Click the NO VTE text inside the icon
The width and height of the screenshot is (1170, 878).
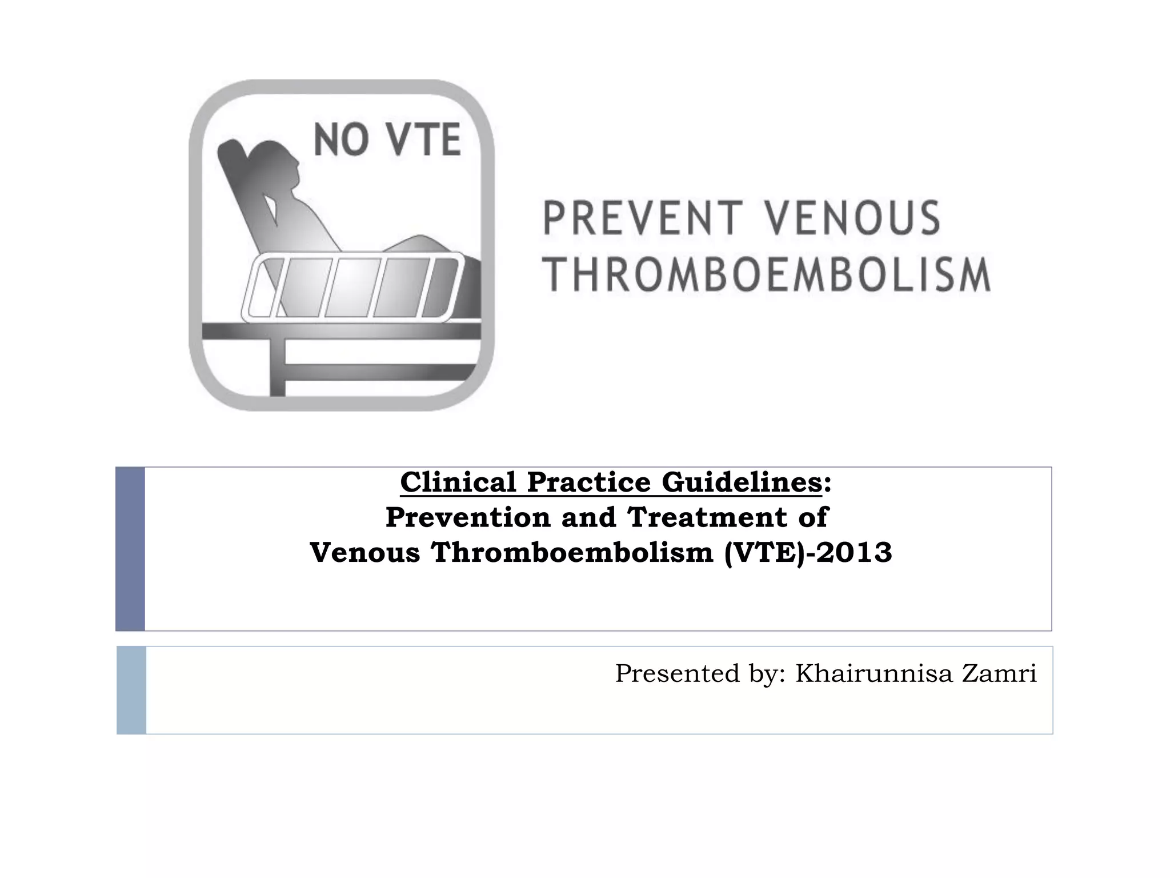[388, 141]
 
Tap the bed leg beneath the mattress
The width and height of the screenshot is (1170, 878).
[278, 366]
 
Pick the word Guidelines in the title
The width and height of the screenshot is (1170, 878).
[742, 482]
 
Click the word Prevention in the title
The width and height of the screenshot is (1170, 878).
[468, 517]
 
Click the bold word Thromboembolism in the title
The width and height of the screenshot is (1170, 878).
[572, 553]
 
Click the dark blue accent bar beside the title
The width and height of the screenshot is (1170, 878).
[130, 549]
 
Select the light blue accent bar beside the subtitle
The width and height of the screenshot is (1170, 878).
[131, 690]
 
